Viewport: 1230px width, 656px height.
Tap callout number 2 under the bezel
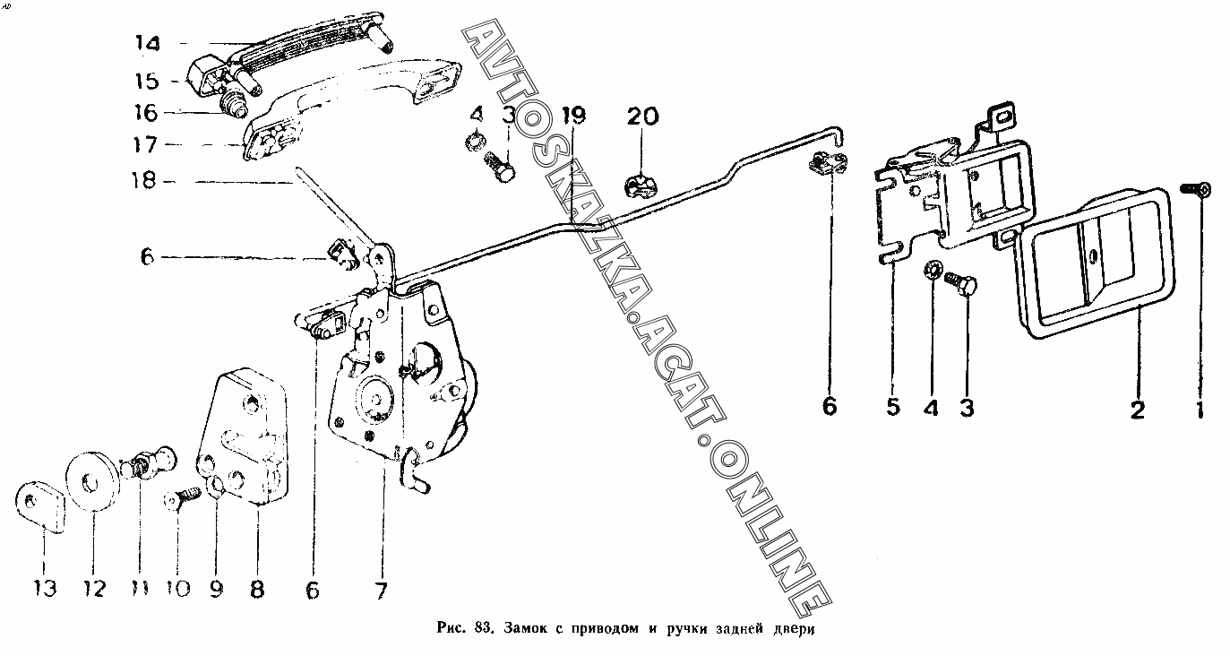pos(1137,410)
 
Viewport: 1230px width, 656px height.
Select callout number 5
pos(893,408)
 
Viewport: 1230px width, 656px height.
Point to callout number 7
pos(381,591)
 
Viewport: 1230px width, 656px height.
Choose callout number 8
pos(257,591)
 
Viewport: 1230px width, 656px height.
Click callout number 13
pos(45,589)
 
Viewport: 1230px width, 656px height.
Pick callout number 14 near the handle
pos(148,43)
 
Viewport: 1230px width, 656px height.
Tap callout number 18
pos(143,181)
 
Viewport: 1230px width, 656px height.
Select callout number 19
pos(573,116)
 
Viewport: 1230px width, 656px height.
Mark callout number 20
pos(641,116)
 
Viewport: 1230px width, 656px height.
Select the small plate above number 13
pos(39,506)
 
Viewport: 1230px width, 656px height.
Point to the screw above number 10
pos(185,495)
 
